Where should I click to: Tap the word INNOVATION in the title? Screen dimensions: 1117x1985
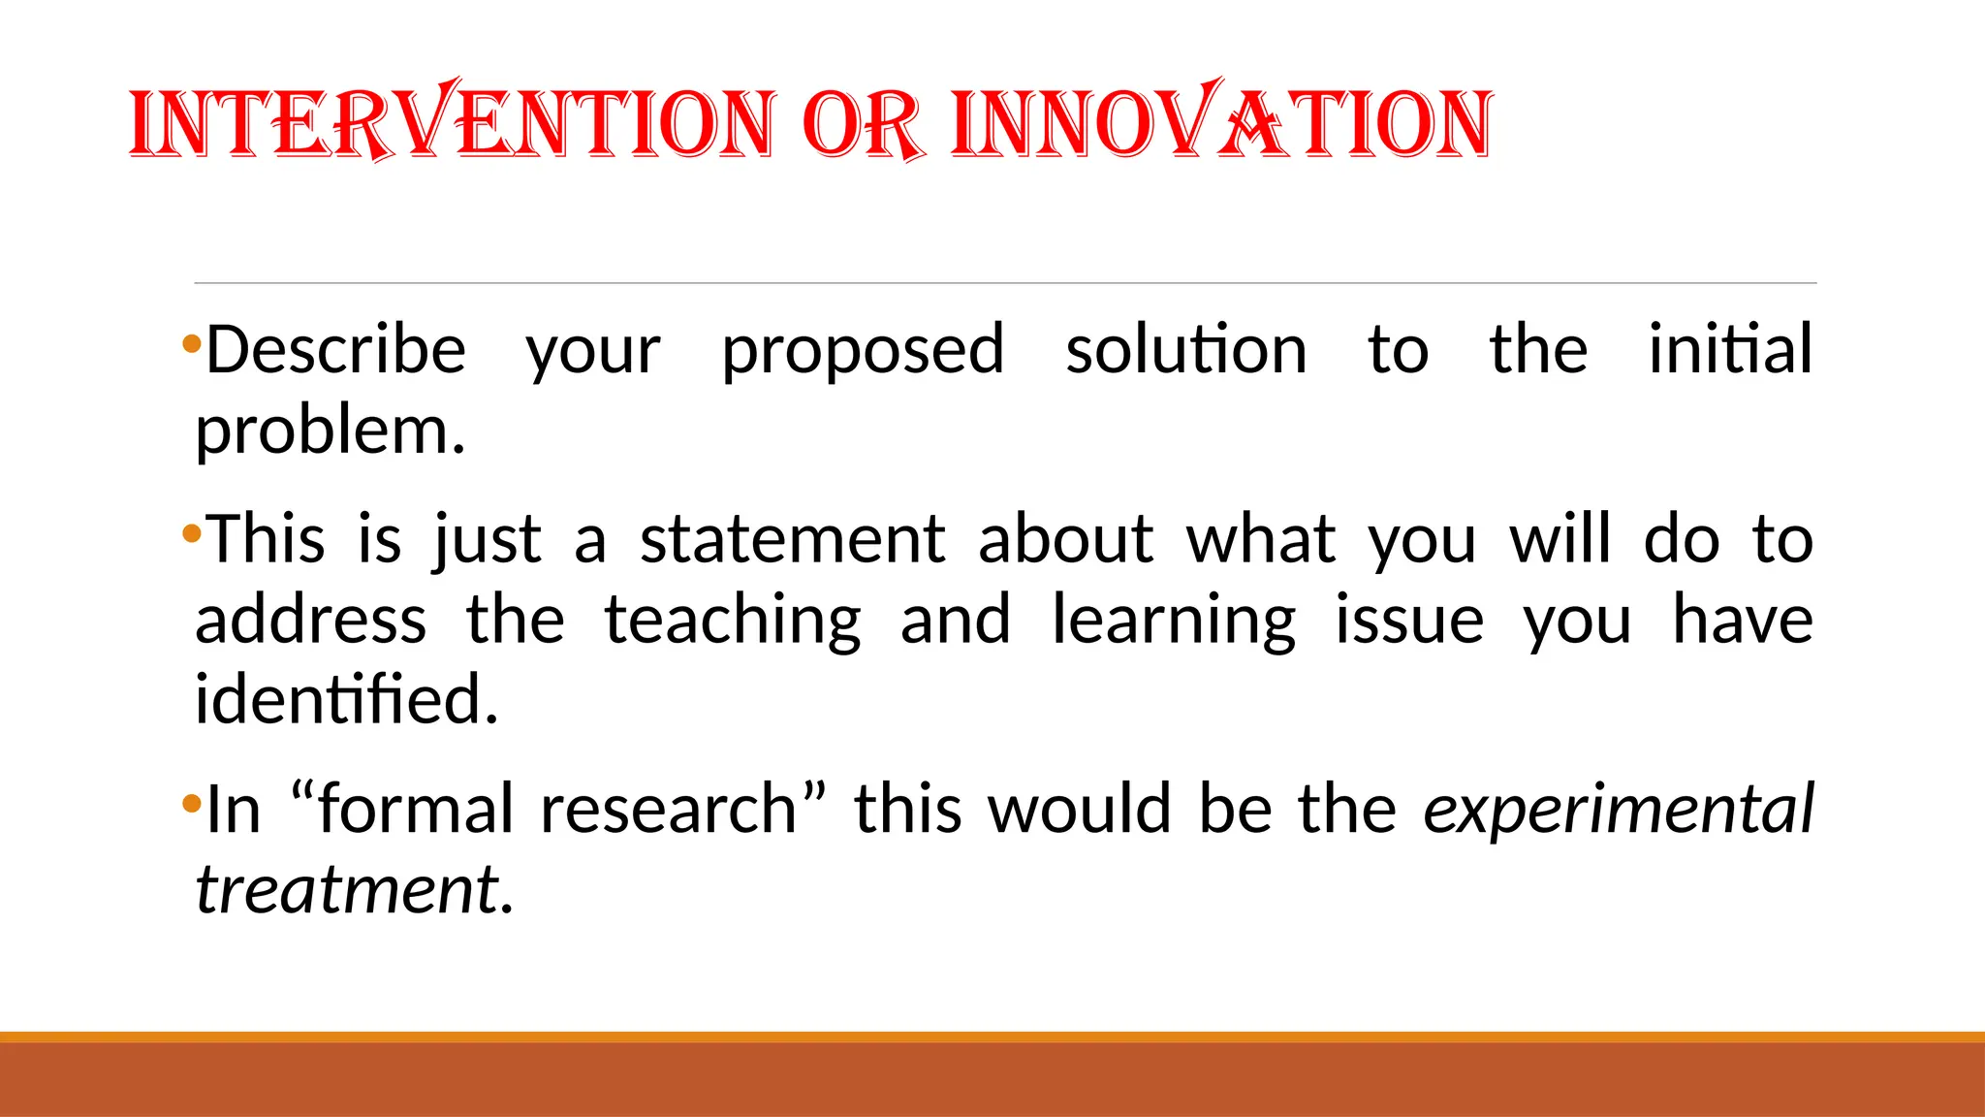click(x=1221, y=123)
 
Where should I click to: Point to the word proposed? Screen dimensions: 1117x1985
click(x=863, y=351)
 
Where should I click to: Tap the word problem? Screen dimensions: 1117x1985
click(x=330, y=431)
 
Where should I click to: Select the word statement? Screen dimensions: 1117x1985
click(x=792, y=539)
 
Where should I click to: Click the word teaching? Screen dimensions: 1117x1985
click(x=733, y=622)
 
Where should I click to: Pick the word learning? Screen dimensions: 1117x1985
click(x=1174, y=622)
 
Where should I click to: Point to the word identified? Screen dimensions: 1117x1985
click(x=346, y=698)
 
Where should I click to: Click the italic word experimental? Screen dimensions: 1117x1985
click(x=1618, y=810)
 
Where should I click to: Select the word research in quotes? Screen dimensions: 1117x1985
click(x=669, y=809)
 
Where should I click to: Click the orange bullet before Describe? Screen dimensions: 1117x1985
click(x=191, y=343)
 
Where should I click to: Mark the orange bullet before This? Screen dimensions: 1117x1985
click(x=191, y=533)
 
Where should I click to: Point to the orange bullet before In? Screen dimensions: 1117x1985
click(x=191, y=803)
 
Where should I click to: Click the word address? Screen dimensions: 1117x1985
click(x=310, y=620)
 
